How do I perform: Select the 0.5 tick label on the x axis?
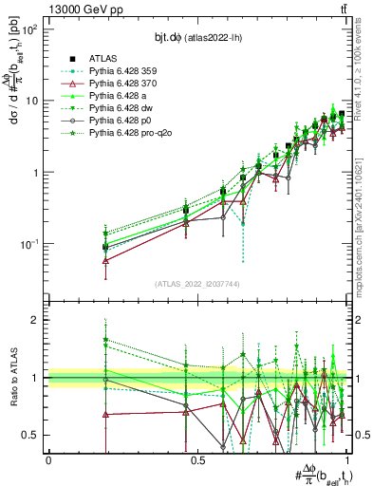[197, 460]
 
